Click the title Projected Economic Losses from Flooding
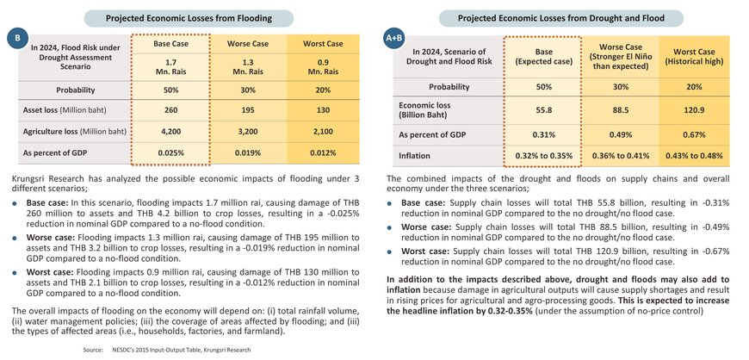[x=189, y=18]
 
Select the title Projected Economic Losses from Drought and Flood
[x=561, y=18]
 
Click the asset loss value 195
[x=247, y=110]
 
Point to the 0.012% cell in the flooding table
[x=323, y=153]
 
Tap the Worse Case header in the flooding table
[x=247, y=44]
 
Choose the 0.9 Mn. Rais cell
[x=323, y=67]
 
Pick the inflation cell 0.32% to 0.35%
[x=543, y=156]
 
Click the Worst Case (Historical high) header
[x=694, y=57]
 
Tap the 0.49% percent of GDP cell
[x=620, y=135]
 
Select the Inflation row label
[x=415, y=156]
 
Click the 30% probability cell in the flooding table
[x=247, y=90]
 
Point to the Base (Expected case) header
[x=543, y=57]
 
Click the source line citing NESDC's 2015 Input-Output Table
[x=167, y=350]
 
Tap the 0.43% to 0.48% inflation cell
[x=694, y=156]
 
